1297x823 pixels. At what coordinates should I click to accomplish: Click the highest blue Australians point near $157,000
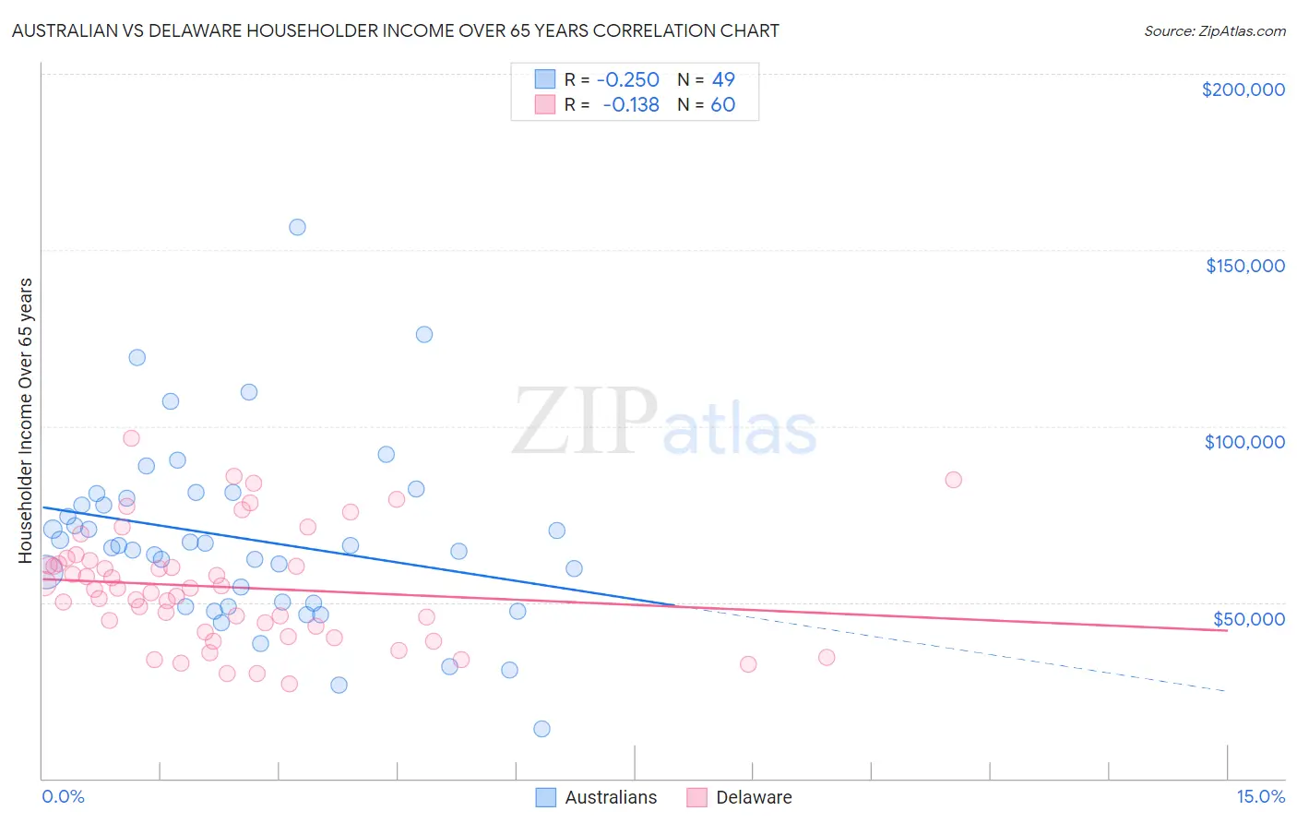[297, 227]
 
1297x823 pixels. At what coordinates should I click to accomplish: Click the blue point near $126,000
[424, 334]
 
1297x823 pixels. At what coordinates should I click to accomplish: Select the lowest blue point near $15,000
[541, 729]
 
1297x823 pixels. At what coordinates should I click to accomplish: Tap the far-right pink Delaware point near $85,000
[954, 480]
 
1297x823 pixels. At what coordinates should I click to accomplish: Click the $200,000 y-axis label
[1243, 89]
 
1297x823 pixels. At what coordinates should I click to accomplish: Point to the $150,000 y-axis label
[1244, 266]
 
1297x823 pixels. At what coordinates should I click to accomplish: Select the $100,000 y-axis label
[1244, 442]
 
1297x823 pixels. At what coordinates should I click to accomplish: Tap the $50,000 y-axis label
[1248, 619]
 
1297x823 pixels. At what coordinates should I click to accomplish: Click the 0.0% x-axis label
[63, 797]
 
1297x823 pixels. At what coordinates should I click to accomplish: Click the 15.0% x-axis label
[1260, 797]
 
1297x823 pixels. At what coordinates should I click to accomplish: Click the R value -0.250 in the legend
[627, 80]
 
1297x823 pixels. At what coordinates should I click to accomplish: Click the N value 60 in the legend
[722, 105]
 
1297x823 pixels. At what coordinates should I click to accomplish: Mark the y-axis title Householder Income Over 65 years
[25, 420]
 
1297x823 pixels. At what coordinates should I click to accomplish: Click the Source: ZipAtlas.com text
[1214, 31]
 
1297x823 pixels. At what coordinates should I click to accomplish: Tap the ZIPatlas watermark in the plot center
[664, 423]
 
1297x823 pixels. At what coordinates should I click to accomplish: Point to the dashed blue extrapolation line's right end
[1226, 690]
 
